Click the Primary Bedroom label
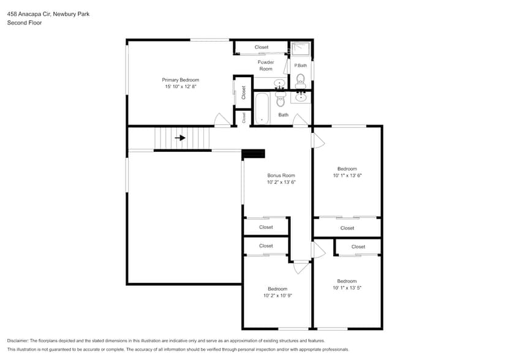[x=180, y=80]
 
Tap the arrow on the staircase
[x=180, y=138]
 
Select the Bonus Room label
[x=281, y=175]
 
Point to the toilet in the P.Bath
[x=300, y=78]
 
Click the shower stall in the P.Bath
[x=300, y=49]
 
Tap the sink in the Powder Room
[x=280, y=83]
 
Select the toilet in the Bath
[x=281, y=100]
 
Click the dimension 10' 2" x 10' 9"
[x=277, y=296]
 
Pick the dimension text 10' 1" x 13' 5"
[x=347, y=288]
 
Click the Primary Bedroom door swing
[x=222, y=121]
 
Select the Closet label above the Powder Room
[x=262, y=47]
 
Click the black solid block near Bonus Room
[x=253, y=154]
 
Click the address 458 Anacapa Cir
[x=28, y=13]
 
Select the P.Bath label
[x=300, y=66]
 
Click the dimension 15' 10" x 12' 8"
[x=180, y=87]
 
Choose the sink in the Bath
[x=301, y=97]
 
